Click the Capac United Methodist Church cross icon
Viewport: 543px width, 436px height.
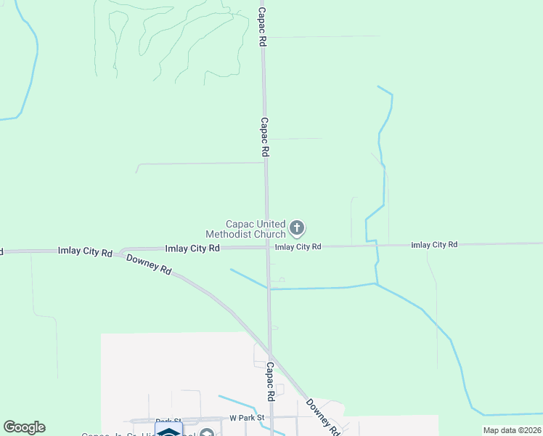coord(296,228)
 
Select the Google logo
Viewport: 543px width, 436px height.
coord(24,427)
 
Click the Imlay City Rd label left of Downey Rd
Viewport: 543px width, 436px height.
coord(85,252)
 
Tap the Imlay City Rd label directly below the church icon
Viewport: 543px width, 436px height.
coord(298,247)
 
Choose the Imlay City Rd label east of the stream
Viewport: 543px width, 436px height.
coord(434,245)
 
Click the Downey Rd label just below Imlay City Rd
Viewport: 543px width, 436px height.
coord(149,265)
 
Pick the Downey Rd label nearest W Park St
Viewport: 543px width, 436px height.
coord(322,416)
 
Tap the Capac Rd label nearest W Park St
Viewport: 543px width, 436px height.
coord(270,381)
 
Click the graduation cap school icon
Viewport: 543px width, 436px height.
coord(168,430)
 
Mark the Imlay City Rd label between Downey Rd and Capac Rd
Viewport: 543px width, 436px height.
coord(192,249)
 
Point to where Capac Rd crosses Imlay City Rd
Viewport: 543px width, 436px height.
coord(267,247)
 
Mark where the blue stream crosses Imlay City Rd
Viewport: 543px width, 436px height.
coord(377,245)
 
